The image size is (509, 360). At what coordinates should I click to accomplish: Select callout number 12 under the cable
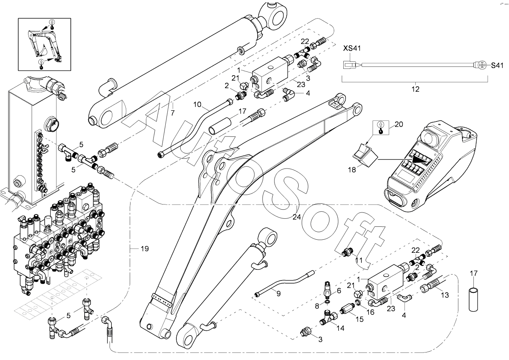point(415,89)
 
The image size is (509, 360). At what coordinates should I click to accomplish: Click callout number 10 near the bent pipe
point(198,105)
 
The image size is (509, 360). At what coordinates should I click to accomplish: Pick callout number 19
point(144,249)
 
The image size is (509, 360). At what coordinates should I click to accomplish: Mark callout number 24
point(297,216)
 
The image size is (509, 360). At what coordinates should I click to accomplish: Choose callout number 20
point(399,124)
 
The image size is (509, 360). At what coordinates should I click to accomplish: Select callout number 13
point(445,295)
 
